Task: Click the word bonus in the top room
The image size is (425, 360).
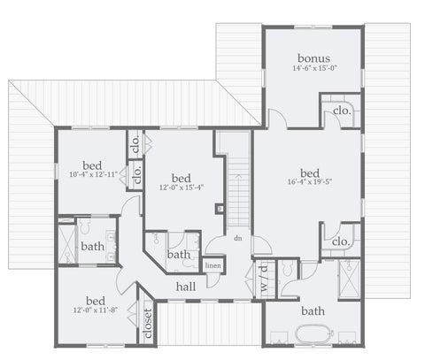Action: [x=313, y=58]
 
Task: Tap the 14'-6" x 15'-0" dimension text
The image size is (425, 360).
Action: [x=314, y=68]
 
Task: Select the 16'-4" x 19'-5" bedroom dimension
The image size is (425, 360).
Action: [x=310, y=182]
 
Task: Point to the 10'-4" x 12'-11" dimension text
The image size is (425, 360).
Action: [x=94, y=174]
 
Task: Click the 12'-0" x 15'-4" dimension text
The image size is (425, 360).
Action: [x=182, y=188]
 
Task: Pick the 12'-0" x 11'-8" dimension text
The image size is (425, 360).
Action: [x=96, y=310]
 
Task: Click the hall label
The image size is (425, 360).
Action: [x=186, y=287]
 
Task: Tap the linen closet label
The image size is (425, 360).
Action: [x=212, y=265]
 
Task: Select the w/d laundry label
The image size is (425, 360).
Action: [x=264, y=279]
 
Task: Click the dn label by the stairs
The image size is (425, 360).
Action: [x=238, y=238]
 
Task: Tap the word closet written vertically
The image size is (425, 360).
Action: [x=147, y=324]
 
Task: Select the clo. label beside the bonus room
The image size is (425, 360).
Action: [x=342, y=111]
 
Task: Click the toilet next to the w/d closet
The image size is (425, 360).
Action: [x=287, y=268]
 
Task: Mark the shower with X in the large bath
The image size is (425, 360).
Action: [x=349, y=280]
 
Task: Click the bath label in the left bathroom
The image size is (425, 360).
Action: [x=93, y=247]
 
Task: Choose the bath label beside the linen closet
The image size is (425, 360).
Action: [x=179, y=255]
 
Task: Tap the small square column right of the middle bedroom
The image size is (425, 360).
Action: [x=220, y=209]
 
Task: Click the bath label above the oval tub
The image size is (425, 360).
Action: [x=313, y=311]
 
